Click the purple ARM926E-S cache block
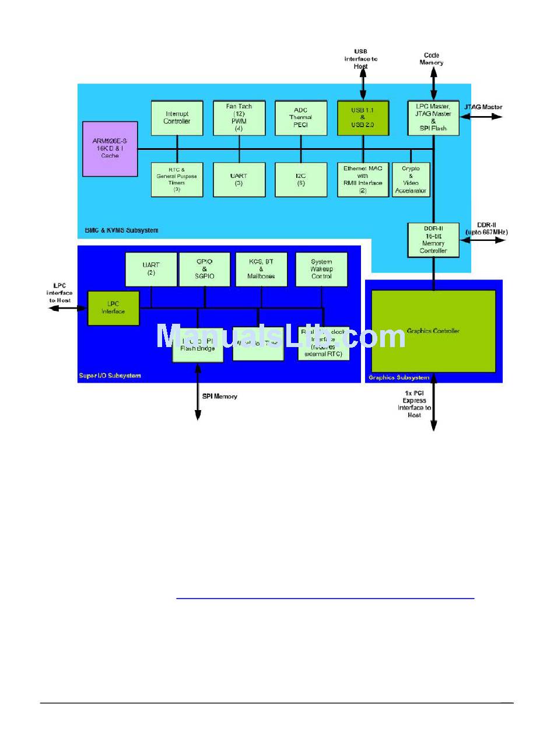(x=110, y=148)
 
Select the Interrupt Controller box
(x=176, y=117)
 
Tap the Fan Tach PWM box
(x=239, y=117)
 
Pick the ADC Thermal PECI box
(x=300, y=117)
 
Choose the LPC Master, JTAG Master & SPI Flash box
(x=433, y=117)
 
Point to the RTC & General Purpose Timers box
(x=176, y=179)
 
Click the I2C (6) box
(x=300, y=179)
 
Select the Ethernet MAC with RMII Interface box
(x=362, y=179)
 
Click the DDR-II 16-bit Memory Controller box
(x=433, y=239)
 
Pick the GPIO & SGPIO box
(x=204, y=269)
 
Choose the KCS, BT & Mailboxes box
(x=261, y=269)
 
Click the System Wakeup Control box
(x=321, y=269)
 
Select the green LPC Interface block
(x=113, y=307)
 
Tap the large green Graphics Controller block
(x=433, y=331)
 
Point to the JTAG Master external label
(x=483, y=107)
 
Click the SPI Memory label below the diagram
(x=220, y=397)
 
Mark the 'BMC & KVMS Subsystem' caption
(x=118, y=230)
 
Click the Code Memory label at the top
(x=432, y=59)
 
